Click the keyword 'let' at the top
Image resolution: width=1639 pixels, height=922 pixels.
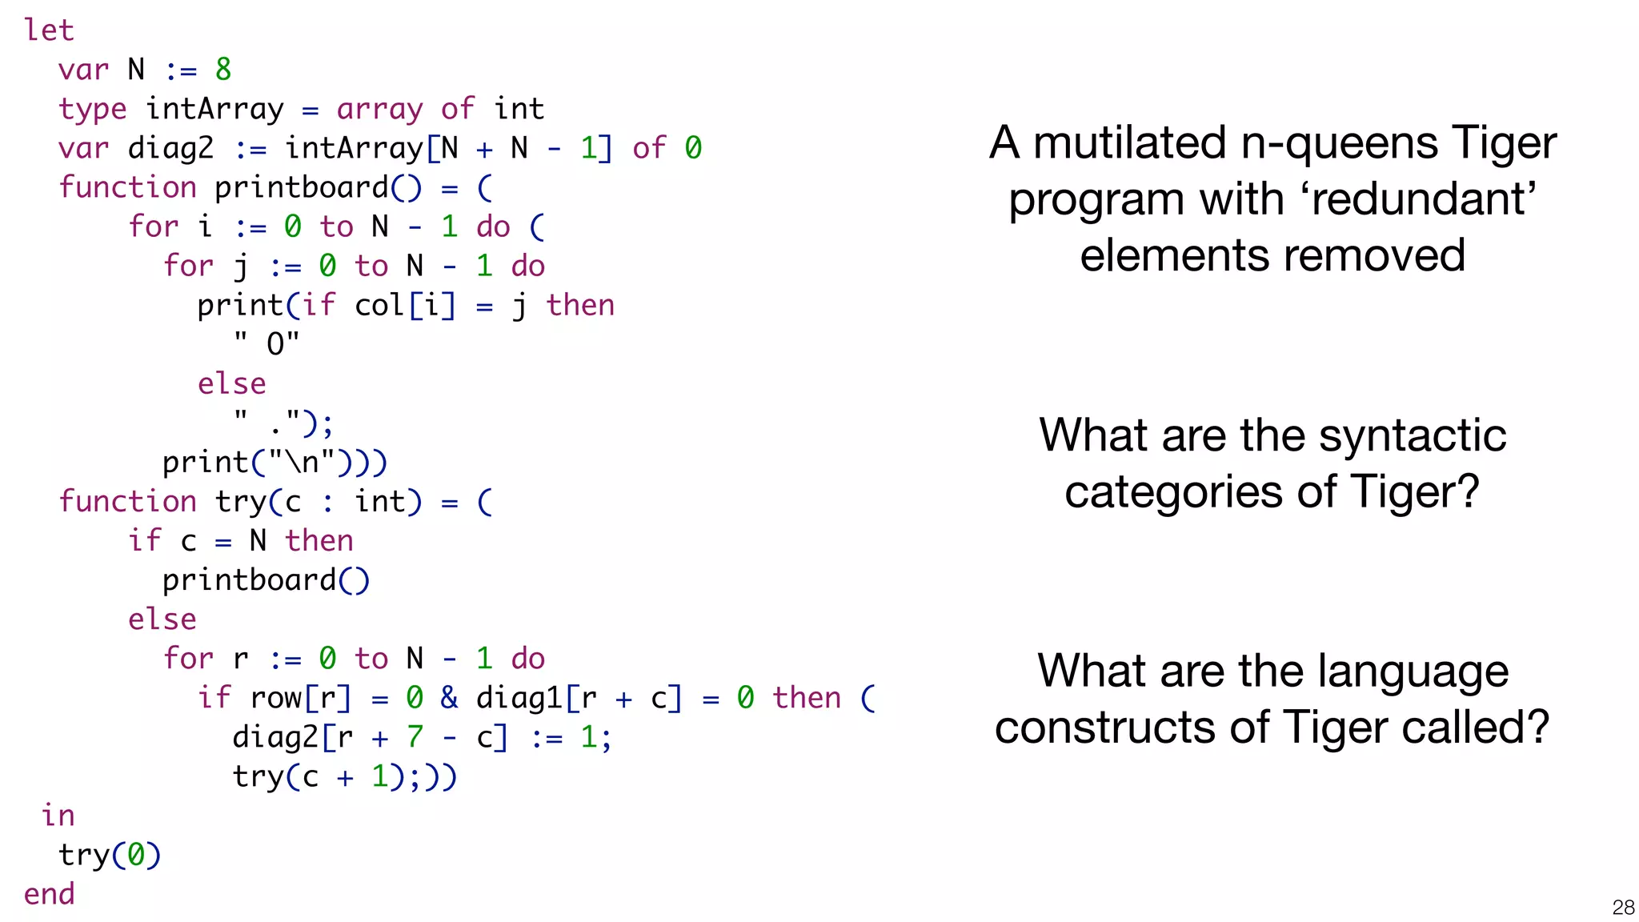click(x=49, y=30)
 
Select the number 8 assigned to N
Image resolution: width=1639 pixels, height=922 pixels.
click(x=223, y=70)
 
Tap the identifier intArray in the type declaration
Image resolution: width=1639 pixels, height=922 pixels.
click(x=214, y=109)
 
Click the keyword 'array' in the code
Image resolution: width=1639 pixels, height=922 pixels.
click(x=379, y=109)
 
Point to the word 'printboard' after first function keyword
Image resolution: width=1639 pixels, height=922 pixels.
click(x=302, y=187)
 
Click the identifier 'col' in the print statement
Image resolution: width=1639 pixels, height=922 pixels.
click(x=379, y=305)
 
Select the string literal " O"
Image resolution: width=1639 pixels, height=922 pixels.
click(x=266, y=343)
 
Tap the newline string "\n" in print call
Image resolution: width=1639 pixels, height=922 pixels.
click(x=302, y=463)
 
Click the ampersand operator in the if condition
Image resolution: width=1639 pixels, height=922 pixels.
click(x=449, y=698)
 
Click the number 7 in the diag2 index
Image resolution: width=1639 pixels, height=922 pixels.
click(x=415, y=737)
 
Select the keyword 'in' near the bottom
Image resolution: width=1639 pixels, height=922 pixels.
click(x=58, y=816)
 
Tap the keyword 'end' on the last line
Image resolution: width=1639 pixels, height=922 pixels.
click(x=49, y=894)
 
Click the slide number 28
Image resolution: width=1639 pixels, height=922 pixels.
click(x=1623, y=907)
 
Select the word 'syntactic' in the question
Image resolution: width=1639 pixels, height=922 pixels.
click(x=1412, y=435)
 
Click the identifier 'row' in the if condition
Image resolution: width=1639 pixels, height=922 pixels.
click(x=275, y=698)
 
